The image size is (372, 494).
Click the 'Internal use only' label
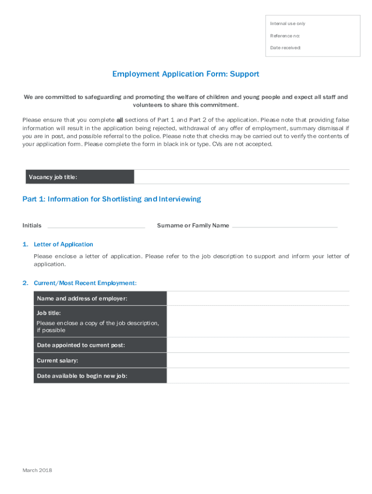(x=287, y=24)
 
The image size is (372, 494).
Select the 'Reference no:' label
(x=285, y=36)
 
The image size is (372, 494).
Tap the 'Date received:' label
(x=286, y=48)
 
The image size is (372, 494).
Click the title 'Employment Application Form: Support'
(x=186, y=74)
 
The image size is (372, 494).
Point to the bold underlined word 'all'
(x=120, y=120)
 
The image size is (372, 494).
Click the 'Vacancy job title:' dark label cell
(x=79, y=177)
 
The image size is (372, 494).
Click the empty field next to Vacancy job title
(x=242, y=177)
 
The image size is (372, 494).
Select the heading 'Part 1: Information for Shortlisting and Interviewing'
(x=112, y=199)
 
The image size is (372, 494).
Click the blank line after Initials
(x=96, y=226)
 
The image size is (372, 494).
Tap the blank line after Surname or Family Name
(x=285, y=226)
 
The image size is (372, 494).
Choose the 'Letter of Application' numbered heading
(x=63, y=245)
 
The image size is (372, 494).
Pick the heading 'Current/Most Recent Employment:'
(x=85, y=283)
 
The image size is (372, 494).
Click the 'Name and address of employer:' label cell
(x=100, y=299)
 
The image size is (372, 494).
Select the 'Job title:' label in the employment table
(x=49, y=313)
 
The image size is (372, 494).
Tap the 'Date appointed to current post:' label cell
(x=100, y=345)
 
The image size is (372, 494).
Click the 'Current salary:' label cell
(x=100, y=360)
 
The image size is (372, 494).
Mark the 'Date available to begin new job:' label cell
(x=100, y=376)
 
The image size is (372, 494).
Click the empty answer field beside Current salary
(x=258, y=360)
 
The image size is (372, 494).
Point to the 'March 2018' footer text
(x=37, y=470)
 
